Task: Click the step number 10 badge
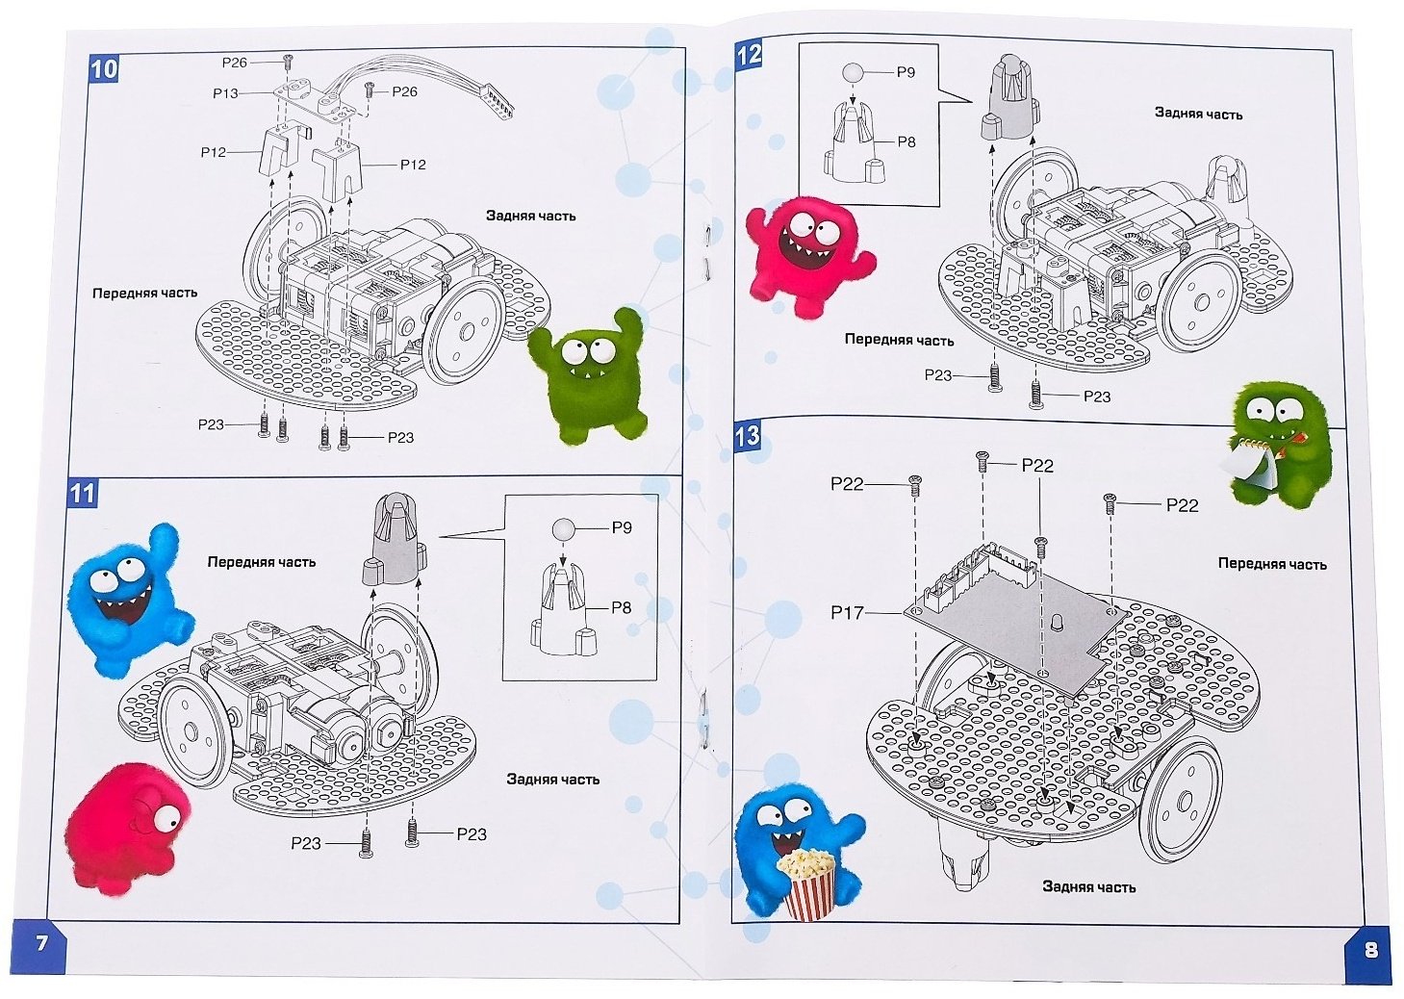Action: [104, 67]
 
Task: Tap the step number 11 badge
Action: [82, 493]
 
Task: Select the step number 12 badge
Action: [749, 55]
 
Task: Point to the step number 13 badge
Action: [747, 436]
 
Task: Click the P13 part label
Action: [225, 94]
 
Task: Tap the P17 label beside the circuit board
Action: [848, 612]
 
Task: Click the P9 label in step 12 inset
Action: [906, 73]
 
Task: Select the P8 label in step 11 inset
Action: [621, 607]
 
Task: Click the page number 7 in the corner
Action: [41, 943]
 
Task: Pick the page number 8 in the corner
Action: [1370, 950]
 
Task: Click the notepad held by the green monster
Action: [1247, 465]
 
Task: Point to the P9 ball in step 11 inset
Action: [563, 529]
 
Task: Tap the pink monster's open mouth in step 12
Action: [799, 249]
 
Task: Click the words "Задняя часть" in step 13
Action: [1088, 886]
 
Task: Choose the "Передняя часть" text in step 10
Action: [144, 294]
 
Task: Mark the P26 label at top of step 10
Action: [235, 63]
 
